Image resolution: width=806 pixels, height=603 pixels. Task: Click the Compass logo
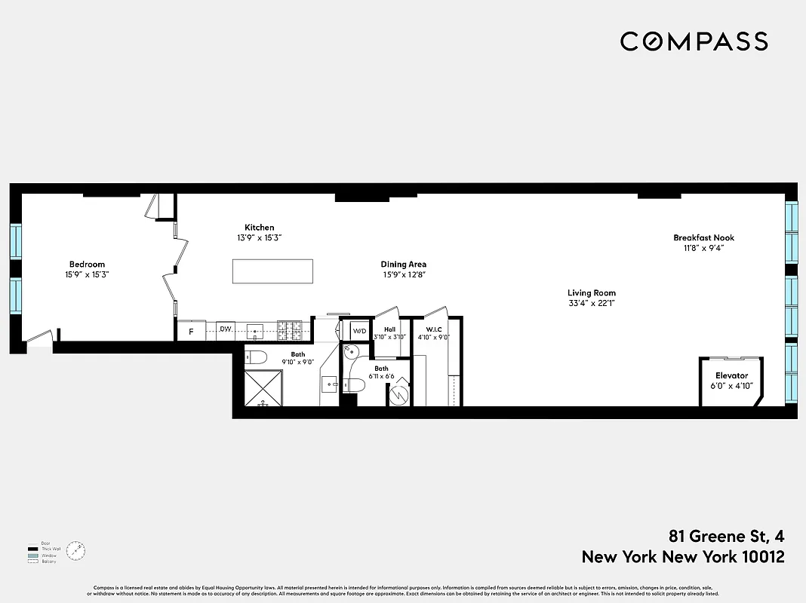pyautogui.click(x=694, y=41)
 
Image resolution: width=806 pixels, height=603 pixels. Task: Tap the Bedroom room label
pyautogui.click(x=87, y=264)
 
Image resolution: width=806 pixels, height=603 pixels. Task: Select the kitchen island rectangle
pyautogui.click(x=272, y=271)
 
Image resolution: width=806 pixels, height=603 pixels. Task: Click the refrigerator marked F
pyautogui.click(x=191, y=330)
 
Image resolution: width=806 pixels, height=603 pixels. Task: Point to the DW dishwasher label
pyautogui.click(x=225, y=329)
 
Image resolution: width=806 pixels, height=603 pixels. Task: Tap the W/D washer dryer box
pyautogui.click(x=359, y=331)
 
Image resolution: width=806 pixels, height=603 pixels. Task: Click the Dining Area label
pyautogui.click(x=403, y=264)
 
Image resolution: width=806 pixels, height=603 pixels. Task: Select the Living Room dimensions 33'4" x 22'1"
pyautogui.click(x=592, y=304)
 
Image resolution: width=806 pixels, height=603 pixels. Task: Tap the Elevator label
pyautogui.click(x=731, y=375)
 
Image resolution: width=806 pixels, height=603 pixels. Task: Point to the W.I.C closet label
pyautogui.click(x=433, y=329)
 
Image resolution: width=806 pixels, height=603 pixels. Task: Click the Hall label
pyautogui.click(x=389, y=329)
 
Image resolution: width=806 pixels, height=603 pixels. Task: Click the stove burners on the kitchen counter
pyautogui.click(x=291, y=329)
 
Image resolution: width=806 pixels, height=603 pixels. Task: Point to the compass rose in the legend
pyautogui.click(x=75, y=551)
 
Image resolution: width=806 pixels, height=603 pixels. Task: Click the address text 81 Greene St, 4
pyautogui.click(x=726, y=537)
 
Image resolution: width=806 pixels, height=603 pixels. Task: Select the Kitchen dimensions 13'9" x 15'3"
pyautogui.click(x=259, y=237)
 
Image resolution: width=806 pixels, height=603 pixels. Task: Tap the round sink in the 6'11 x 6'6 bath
pyautogui.click(x=350, y=351)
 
